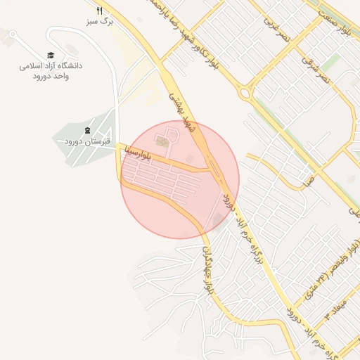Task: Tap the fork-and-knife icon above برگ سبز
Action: pyautogui.click(x=99, y=11)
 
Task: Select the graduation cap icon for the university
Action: pyautogui.click(x=51, y=55)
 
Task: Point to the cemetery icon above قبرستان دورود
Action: pyautogui.click(x=87, y=131)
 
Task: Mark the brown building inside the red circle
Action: pyautogui.click(x=164, y=142)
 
